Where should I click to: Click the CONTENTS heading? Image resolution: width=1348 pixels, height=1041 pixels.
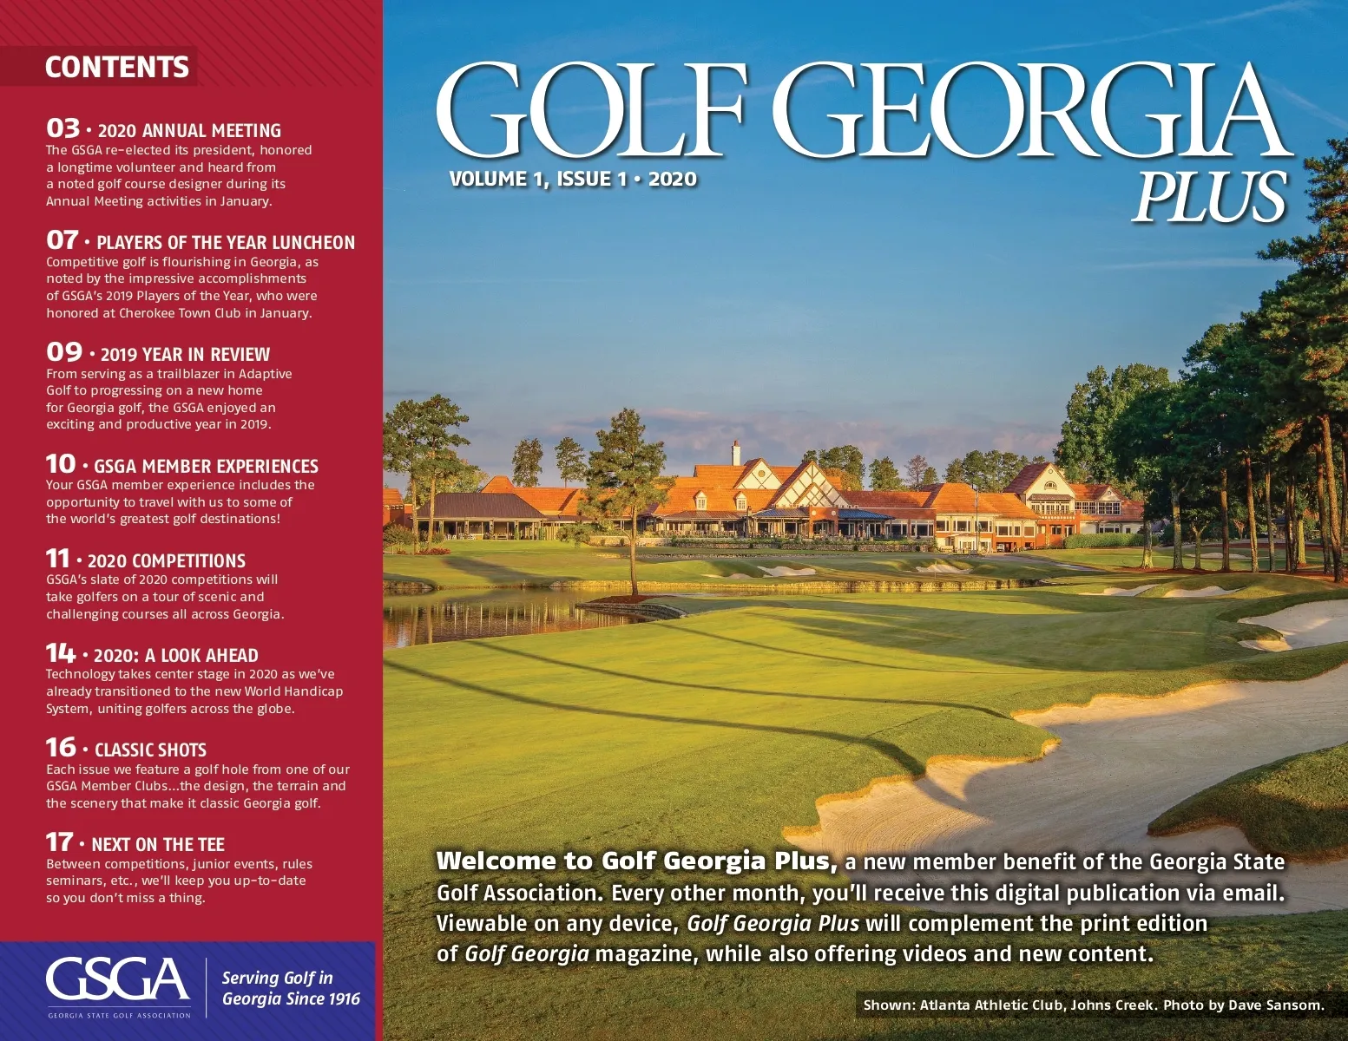pyautogui.click(x=116, y=67)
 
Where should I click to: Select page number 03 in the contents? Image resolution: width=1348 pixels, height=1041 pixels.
pyautogui.click(x=62, y=128)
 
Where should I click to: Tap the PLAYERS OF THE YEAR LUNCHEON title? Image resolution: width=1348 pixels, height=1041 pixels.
pyautogui.click(x=226, y=243)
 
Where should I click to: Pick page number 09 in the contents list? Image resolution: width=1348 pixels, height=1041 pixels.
pyautogui.click(x=64, y=352)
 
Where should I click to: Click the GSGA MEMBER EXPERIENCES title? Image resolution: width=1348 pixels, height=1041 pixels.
pyautogui.click(x=206, y=466)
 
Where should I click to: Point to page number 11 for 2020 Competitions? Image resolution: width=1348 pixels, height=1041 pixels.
pyautogui.click(x=57, y=559)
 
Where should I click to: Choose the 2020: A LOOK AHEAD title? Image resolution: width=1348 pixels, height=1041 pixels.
pyautogui.click(x=175, y=656)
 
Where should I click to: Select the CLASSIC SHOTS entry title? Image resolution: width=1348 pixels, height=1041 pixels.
pyautogui.click(x=150, y=750)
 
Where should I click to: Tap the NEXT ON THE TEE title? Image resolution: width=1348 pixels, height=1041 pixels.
pyautogui.click(x=157, y=845)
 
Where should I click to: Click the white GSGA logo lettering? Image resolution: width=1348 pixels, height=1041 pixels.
pyautogui.click(x=117, y=980)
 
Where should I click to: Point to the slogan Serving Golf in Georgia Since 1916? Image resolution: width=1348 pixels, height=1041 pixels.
pyautogui.click(x=290, y=988)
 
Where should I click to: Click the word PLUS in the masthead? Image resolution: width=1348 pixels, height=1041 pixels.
pyautogui.click(x=1209, y=196)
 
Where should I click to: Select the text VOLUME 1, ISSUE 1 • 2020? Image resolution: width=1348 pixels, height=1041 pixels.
pyautogui.click(x=573, y=180)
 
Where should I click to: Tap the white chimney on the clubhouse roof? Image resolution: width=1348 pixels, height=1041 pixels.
pyautogui.click(x=736, y=452)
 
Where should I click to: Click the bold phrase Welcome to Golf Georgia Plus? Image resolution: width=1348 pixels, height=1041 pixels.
pyautogui.click(x=636, y=861)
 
